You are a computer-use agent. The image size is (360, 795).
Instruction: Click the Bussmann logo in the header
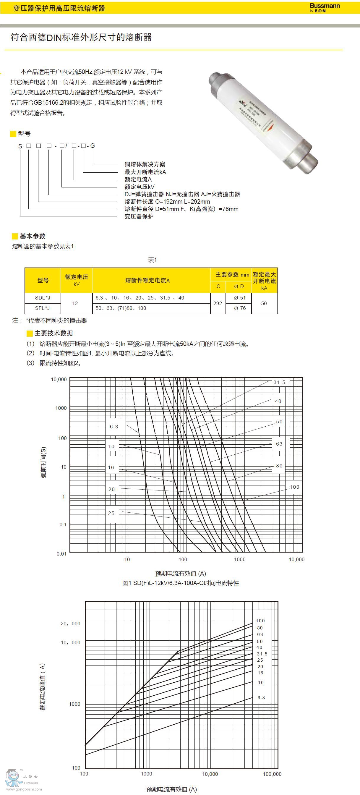[325, 7]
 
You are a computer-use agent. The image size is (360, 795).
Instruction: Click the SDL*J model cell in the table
[43, 298]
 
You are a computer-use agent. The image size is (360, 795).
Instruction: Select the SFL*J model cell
[43, 308]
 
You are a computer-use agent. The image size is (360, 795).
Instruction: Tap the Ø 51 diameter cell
[240, 298]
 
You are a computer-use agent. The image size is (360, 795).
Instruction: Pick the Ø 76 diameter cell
[240, 308]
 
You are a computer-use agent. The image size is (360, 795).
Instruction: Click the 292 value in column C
[218, 303]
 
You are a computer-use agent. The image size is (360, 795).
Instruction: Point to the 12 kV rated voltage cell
[75, 303]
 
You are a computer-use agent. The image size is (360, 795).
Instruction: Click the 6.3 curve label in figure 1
[114, 427]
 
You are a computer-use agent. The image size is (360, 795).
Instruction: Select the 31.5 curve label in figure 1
[280, 382]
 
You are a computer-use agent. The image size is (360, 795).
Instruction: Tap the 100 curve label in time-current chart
[294, 487]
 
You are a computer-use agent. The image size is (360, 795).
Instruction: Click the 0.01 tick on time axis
[61, 554]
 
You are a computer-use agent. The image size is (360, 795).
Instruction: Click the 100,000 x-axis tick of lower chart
[272, 774]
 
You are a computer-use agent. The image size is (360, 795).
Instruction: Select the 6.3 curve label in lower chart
[261, 697]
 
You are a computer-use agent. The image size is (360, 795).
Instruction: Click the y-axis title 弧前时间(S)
[43, 462]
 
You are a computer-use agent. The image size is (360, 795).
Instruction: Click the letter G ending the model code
[92, 146]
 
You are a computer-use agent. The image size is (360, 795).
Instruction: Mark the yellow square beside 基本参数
[15, 237]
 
